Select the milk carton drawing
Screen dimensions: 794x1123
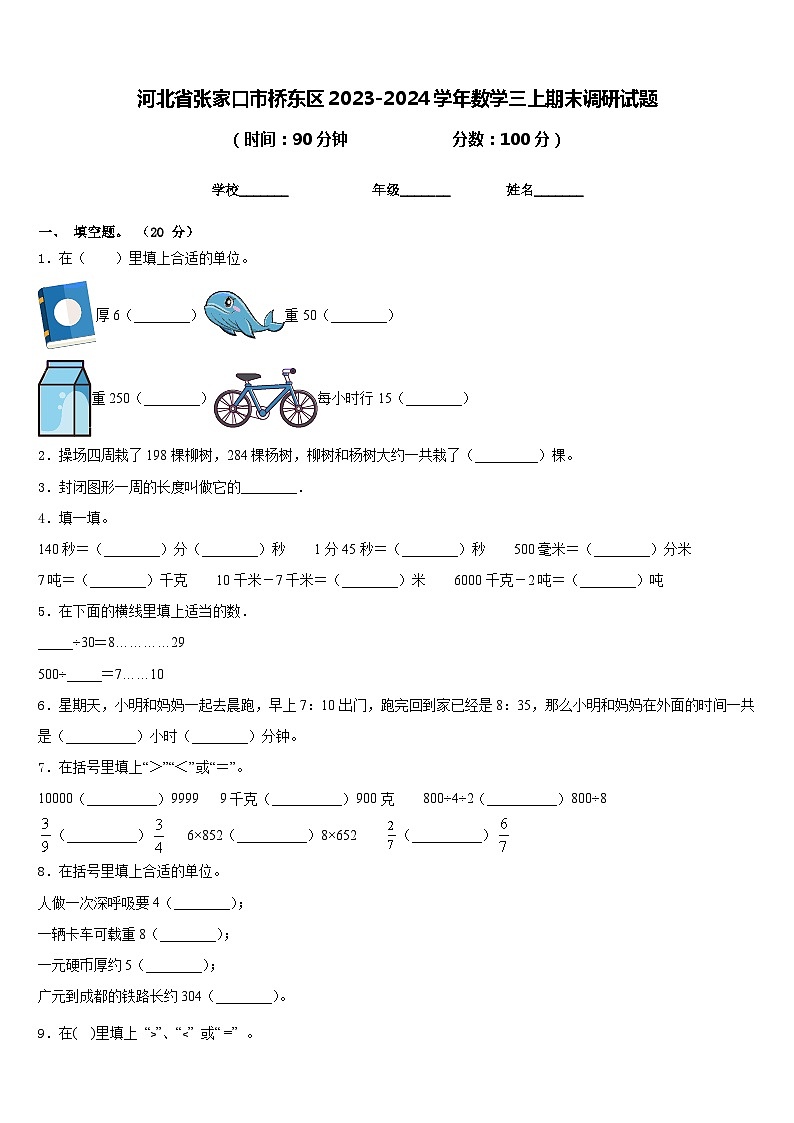[x=64, y=398]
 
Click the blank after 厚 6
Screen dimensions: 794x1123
[x=164, y=316]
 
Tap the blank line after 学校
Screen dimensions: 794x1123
[x=265, y=191]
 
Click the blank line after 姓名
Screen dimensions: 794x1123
[x=559, y=191]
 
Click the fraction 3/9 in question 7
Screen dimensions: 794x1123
[x=45, y=835]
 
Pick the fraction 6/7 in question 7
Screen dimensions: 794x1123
[x=503, y=835]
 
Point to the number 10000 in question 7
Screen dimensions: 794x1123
[x=55, y=799]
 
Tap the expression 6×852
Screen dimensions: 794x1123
[x=205, y=836]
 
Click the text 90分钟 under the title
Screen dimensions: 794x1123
[x=319, y=140]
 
